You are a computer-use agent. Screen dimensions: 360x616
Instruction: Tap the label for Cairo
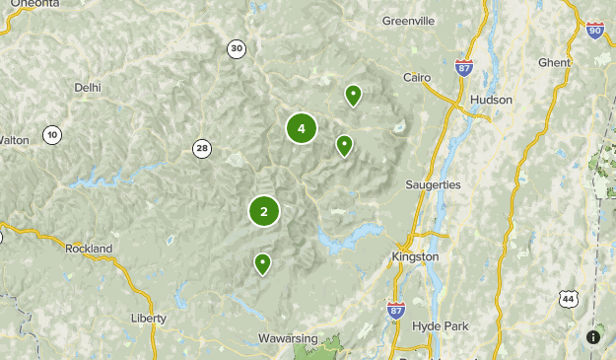[x=419, y=77]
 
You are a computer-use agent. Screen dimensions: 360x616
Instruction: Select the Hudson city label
[x=491, y=100]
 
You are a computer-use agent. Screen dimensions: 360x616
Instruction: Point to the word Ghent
[x=554, y=62]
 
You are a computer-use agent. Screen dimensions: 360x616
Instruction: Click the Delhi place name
[x=88, y=87]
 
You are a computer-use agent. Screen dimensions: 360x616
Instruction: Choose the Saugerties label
[x=433, y=184]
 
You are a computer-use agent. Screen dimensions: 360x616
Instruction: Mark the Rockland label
[x=90, y=249]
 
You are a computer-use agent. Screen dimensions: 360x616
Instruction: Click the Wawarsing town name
[x=288, y=338]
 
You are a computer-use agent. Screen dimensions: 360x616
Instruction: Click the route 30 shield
[x=236, y=48]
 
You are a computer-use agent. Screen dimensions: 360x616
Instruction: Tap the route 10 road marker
[x=52, y=134]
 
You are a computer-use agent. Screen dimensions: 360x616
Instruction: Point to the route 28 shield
[x=202, y=149]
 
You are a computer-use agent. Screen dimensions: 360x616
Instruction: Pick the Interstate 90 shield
[x=593, y=32]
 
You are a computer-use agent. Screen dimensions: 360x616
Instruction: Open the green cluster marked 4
[x=302, y=128]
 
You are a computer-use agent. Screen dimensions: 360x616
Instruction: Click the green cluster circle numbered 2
[x=264, y=211]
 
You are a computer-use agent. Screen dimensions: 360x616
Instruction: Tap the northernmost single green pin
[x=353, y=95]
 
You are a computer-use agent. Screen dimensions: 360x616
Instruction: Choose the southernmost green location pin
[x=263, y=263]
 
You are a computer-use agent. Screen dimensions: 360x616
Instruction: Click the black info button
[x=593, y=337]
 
